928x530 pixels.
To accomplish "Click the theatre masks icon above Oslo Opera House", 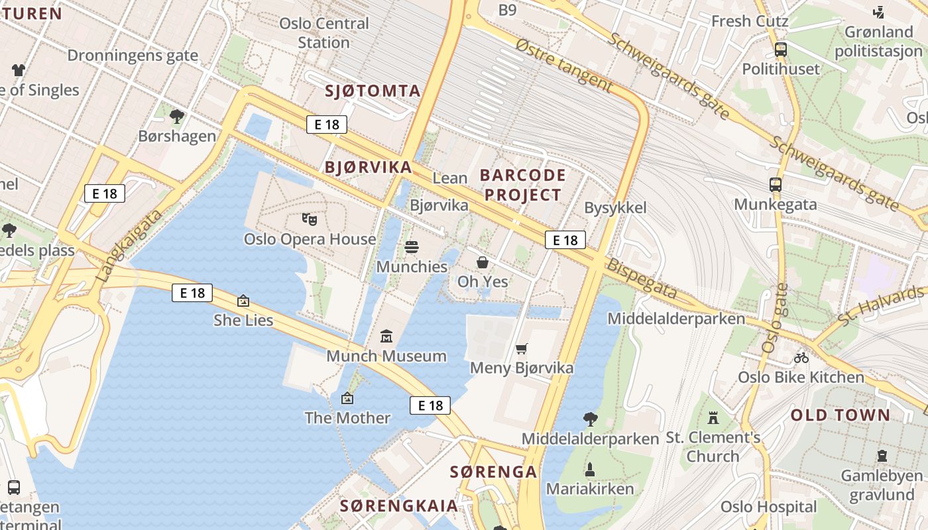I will pos(308,218).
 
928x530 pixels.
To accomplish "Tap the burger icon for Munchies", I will pos(412,247).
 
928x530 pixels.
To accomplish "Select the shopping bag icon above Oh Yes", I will pos(483,262).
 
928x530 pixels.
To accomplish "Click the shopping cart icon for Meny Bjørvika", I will pos(522,348).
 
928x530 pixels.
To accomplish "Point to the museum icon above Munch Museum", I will pos(386,337).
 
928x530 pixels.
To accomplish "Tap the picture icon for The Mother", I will pos(347,398).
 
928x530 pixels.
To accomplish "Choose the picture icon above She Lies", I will pos(243,301).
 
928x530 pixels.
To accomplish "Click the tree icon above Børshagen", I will pos(177,117).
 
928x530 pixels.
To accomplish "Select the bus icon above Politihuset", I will pos(781,49).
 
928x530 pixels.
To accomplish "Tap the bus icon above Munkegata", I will pos(775,185).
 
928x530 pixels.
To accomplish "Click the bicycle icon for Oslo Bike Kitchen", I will pos(801,358).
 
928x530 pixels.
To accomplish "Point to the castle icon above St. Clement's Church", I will pos(713,418).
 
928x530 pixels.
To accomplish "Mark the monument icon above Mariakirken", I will pos(590,470).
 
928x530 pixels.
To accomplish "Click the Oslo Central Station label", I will pos(323,33).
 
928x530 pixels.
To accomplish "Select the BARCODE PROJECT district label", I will pos(523,185).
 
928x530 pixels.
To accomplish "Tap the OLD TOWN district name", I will pos(841,415).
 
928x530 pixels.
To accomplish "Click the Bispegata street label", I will pos(642,279).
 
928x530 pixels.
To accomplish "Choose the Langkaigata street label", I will pos(129,246).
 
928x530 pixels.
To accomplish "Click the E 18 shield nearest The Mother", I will pos(430,405).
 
